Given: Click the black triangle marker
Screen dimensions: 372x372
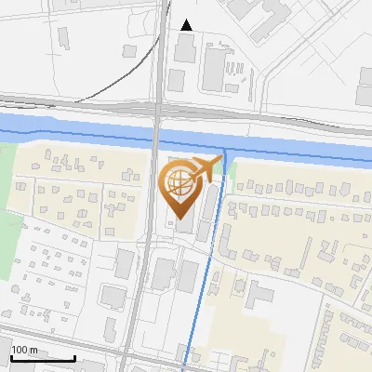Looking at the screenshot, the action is (187, 25).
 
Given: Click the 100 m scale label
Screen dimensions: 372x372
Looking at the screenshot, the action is (24, 350).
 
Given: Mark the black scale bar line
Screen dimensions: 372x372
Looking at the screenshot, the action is (43, 359).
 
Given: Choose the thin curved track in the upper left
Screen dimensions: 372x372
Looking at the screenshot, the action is (102, 79).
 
